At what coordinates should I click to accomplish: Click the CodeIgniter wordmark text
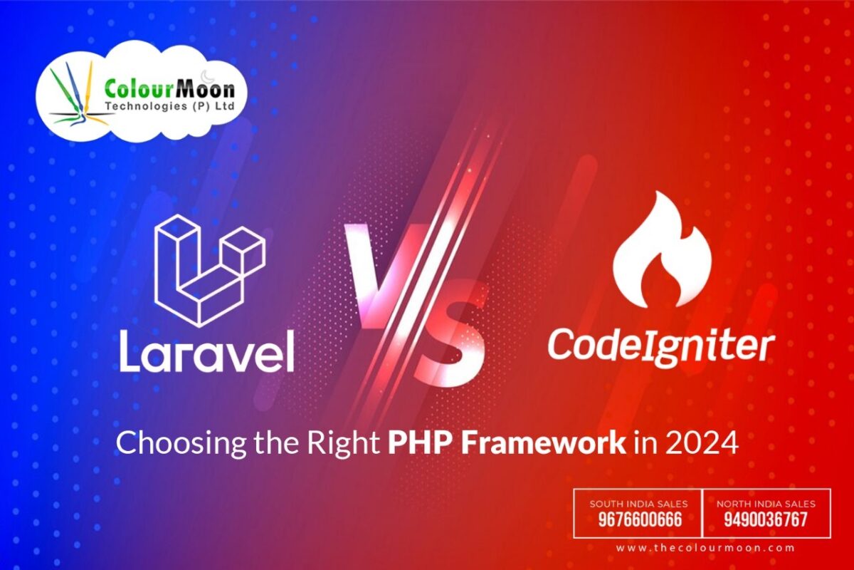(x=660, y=347)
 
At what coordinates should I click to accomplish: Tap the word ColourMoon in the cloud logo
(x=169, y=90)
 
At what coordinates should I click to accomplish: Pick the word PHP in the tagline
(x=414, y=443)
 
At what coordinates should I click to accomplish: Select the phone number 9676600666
(x=638, y=520)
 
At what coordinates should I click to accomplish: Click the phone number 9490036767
(x=766, y=520)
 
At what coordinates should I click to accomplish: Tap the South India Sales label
(x=638, y=504)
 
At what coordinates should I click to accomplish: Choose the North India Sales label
(x=766, y=504)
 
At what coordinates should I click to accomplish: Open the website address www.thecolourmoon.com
(x=705, y=548)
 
